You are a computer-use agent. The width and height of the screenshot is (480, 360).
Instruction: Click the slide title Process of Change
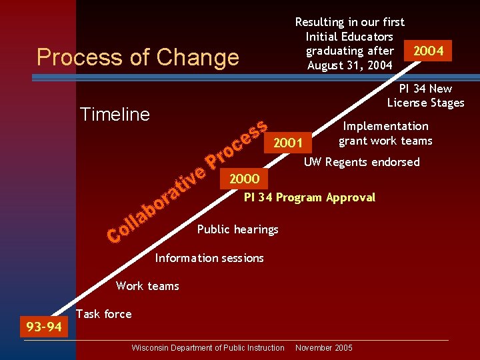[x=137, y=57]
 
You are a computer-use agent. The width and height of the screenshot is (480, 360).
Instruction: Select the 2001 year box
[x=288, y=142]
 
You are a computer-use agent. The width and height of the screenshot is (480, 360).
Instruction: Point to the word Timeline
[x=115, y=115]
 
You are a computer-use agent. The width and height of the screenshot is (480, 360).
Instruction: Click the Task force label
[x=104, y=314]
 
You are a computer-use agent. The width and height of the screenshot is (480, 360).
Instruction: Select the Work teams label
[x=147, y=286]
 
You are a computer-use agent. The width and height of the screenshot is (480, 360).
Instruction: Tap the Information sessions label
[x=209, y=258]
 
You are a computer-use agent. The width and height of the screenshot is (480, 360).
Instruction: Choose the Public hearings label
[x=237, y=229]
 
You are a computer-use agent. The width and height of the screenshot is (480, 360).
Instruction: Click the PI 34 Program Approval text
[x=309, y=197]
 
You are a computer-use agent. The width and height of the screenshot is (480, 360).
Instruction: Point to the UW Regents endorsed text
[x=361, y=162]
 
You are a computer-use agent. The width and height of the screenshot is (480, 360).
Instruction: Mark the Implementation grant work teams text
[x=385, y=133]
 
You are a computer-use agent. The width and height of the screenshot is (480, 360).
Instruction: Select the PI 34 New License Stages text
[x=425, y=95]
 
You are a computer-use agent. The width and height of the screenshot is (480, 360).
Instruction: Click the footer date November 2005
[x=323, y=348]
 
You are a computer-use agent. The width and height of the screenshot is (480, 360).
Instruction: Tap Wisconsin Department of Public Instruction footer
[x=208, y=348]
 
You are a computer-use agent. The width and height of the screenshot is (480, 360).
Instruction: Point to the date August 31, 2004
[x=349, y=65]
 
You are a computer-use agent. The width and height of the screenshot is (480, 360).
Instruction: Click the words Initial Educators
[x=349, y=37]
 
